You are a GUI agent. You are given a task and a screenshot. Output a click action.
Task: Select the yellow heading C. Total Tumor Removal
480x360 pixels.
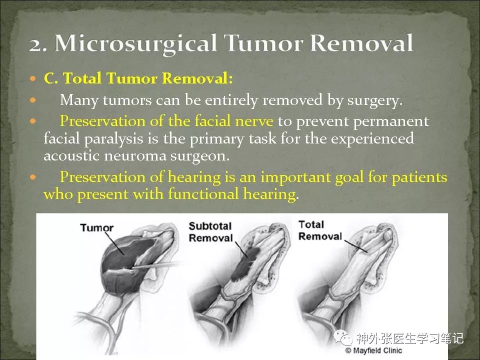tap(138, 78)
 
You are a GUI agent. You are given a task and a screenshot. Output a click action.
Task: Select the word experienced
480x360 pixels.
tap(372, 139)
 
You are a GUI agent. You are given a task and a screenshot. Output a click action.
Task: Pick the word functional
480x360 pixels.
tap(203, 194)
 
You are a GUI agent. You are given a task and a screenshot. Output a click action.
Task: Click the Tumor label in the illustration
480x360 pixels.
tap(96, 228)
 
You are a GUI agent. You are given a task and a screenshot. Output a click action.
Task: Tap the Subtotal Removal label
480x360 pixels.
tap(210, 231)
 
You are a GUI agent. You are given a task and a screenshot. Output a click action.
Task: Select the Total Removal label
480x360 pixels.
tap(320, 230)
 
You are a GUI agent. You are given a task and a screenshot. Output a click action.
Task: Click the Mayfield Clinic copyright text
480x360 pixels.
tap(373, 350)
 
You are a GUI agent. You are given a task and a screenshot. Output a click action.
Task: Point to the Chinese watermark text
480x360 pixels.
tap(410, 338)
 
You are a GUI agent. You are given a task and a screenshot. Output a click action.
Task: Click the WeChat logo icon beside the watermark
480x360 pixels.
tap(343, 337)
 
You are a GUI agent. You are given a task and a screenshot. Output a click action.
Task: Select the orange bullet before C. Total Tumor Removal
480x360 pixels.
tap(33, 78)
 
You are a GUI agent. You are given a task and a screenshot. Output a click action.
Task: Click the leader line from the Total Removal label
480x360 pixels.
tap(355, 246)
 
